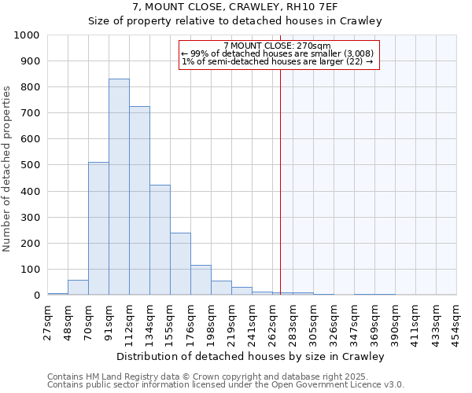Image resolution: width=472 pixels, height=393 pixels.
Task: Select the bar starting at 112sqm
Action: tap(139, 200)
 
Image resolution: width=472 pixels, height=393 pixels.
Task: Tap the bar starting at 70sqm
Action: tap(98, 229)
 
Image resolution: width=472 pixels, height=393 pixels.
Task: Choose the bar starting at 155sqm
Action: tap(180, 264)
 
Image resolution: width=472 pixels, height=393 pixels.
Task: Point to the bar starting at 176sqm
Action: tap(201, 280)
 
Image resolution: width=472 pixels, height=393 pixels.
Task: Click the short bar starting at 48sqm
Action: tap(78, 288)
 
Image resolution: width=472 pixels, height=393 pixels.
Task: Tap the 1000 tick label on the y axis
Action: tap(26, 35)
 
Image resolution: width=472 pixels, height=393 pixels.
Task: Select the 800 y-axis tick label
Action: tap(29, 87)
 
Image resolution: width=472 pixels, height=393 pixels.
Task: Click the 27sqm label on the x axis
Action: tap(48, 320)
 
